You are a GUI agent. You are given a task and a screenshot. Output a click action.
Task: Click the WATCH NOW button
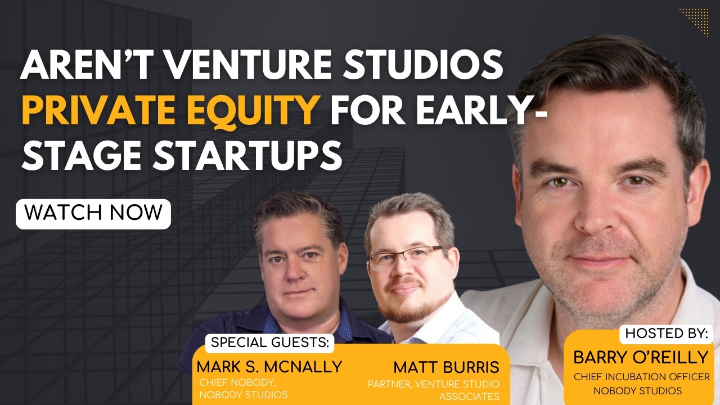click(93, 213)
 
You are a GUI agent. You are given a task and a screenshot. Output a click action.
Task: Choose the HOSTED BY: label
click(667, 333)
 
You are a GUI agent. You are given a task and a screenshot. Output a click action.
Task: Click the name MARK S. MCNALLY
click(269, 367)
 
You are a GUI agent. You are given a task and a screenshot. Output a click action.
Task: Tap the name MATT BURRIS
click(446, 367)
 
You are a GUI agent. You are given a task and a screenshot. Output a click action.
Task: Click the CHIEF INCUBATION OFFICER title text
click(642, 377)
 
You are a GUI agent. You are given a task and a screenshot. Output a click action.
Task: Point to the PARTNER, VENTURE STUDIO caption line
click(433, 384)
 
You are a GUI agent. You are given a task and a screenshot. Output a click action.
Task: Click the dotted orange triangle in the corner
click(697, 20)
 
